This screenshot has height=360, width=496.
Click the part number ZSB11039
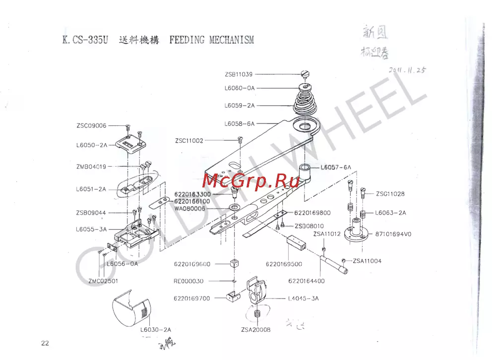coord(239,74)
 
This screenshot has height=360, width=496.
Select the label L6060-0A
coord(239,88)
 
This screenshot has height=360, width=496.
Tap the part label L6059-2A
coord(239,106)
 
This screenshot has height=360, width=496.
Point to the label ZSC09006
coord(91,126)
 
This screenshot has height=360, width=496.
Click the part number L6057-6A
coord(336,168)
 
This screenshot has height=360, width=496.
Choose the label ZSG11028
coord(390,194)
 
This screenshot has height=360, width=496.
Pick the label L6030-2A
coord(156,330)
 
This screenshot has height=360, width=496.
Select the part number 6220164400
coord(307,281)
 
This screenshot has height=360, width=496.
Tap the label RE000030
coord(188,281)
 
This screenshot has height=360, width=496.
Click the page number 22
coord(45,343)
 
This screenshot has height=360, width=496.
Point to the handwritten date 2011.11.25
coord(407,70)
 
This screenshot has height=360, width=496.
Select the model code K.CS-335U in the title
coord(85,40)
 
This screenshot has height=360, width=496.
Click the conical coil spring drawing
coord(306,99)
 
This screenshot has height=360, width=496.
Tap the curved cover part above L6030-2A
coord(130,311)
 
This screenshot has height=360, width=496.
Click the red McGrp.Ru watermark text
coord(250,180)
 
